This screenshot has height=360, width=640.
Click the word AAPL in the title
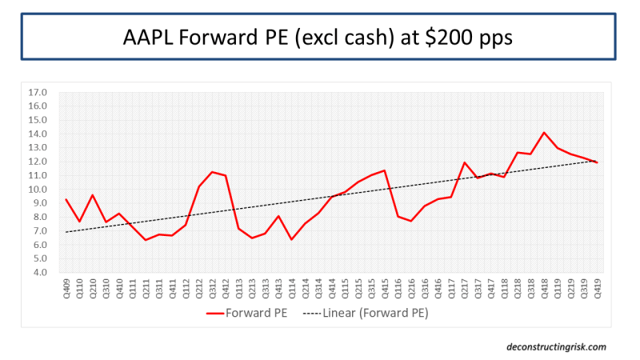(150, 38)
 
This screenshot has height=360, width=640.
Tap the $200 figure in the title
(445, 38)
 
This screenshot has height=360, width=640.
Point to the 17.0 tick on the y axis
(38, 92)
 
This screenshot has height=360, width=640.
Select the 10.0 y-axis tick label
(38, 189)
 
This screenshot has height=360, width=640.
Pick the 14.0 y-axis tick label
(38, 134)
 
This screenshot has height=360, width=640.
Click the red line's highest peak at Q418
(544, 133)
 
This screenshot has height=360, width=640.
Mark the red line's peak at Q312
(212, 172)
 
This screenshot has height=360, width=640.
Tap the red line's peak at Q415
(385, 170)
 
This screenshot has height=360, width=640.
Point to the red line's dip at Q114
(292, 239)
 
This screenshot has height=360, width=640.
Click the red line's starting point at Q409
(66, 199)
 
